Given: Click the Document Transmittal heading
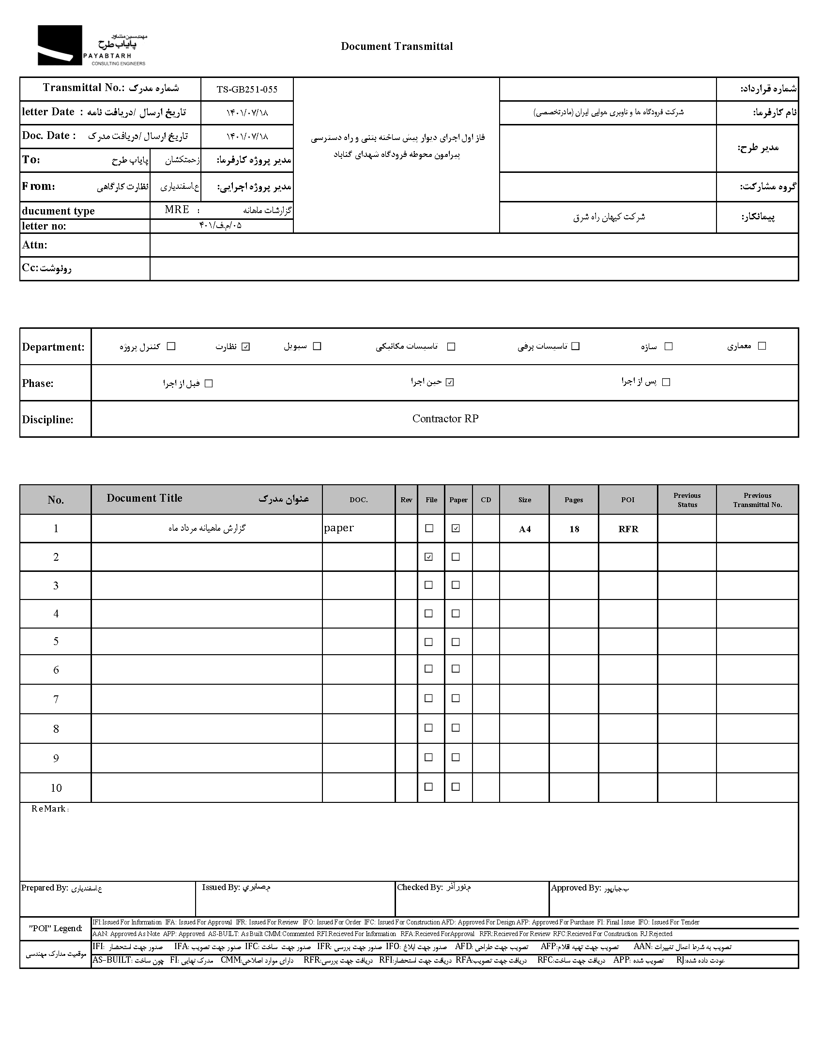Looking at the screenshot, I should click(396, 46).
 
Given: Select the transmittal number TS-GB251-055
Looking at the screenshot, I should click(247, 89).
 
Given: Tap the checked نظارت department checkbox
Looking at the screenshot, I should click(245, 347).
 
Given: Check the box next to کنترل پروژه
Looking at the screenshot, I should click(171, 346).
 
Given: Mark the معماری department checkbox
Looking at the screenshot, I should click(762, 346).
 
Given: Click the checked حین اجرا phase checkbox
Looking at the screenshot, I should click(450, 382).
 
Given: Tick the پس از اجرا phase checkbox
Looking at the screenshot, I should click(666, 382).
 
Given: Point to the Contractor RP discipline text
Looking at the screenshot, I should click(445, 418).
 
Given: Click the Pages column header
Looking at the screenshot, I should click(574, 500).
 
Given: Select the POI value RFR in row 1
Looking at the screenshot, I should click(628, 529).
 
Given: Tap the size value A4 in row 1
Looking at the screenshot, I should click(525, 529).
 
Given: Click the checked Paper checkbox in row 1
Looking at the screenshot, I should click(455, 528).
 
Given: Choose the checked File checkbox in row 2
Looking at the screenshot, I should click(428, 557).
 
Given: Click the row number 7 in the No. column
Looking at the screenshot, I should click(56, 699).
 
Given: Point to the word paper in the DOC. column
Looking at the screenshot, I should click(339, 527).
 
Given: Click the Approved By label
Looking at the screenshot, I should click(576, 888).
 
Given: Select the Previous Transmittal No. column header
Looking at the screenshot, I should click(757, 500).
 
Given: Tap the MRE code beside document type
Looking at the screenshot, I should click(177, 210).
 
